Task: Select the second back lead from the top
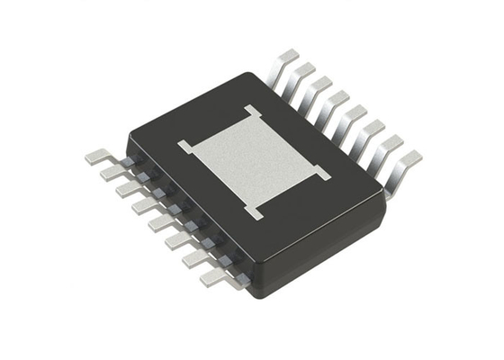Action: pyautogui.click(x=304, y=72)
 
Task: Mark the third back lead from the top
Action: pyautogui.click(x=320, y=85)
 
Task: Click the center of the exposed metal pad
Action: pyautogui.click(x=253, y=159)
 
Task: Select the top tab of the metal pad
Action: pyautogui.click(x=251, y=112)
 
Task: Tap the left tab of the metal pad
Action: pyautogui.click(x=184, y=145)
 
